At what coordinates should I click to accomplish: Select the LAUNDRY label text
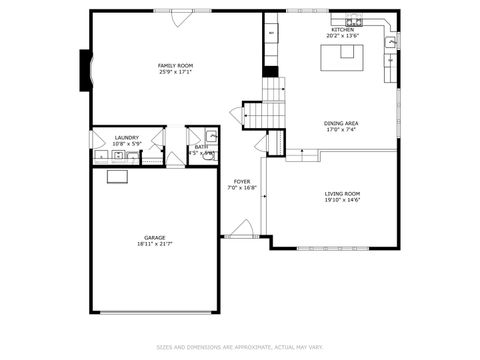click(x=126, y=138)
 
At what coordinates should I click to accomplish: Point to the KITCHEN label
click(x=343, y=31)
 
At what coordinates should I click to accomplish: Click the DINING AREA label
click(x=342, y=123)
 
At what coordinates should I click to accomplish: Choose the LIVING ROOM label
click(x=342, y=193)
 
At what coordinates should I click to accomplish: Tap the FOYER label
click(x=242, y=181)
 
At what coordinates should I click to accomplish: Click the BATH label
click(x=201, y=146)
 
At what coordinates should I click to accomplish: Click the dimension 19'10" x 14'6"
click(x=342, y=200)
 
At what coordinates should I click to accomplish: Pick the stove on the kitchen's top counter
click(x=354, y=20)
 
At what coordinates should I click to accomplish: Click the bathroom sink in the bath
click(x=212, y=136)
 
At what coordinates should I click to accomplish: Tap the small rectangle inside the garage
click(x=118, y=178)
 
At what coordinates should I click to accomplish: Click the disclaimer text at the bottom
click(x=240, y=347)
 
